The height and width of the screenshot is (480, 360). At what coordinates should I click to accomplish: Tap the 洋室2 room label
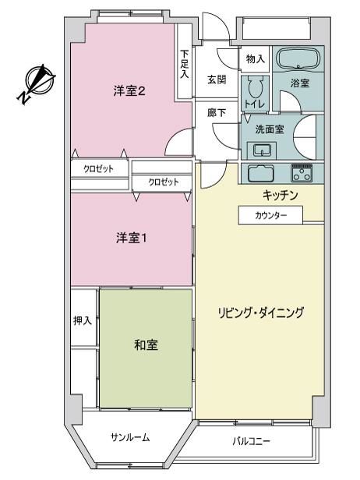point(129,91)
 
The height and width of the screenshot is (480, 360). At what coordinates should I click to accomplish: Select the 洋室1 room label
point(132,238)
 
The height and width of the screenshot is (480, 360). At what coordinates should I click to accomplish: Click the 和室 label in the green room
point(146,345)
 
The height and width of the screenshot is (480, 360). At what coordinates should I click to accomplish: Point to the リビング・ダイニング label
point(261,313)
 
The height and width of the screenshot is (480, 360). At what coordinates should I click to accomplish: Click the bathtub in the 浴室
point(298,58)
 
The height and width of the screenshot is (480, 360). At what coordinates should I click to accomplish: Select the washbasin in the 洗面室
point(262,150)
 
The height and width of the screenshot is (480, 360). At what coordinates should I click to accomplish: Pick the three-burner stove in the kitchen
point(302,173)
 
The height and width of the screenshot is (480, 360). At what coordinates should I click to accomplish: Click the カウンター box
point(270,215)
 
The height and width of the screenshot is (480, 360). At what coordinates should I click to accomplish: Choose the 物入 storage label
point(256,58)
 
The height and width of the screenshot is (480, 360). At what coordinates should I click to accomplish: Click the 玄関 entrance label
point(217,79)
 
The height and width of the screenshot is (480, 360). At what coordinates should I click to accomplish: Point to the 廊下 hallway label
point(217,113)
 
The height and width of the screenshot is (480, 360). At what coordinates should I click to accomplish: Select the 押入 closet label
point(83,320)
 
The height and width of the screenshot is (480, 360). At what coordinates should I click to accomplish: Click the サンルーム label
point(130,437)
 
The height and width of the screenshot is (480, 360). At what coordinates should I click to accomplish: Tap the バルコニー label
point(251,441)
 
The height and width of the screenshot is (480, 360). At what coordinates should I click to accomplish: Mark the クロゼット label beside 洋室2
point(98,169)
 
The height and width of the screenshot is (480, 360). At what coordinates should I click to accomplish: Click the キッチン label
point(280,195)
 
